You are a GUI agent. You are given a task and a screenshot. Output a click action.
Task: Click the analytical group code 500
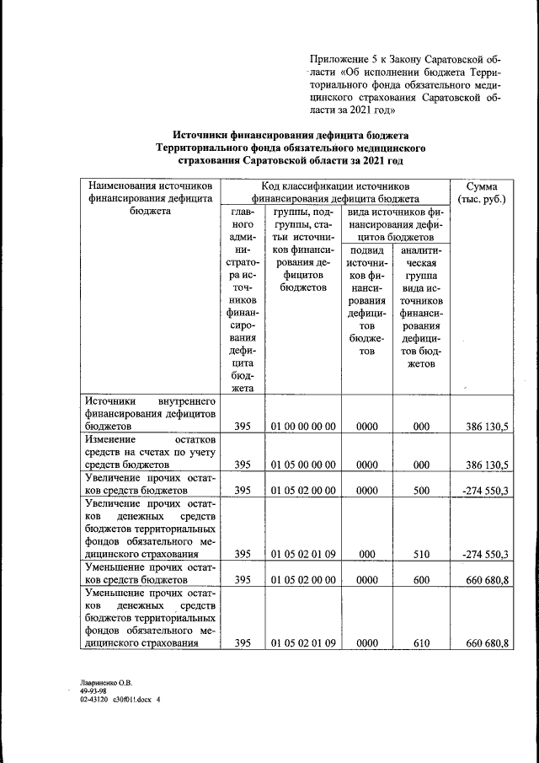(x=421, y=489)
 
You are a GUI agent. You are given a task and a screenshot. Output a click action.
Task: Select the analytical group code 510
(x=421, y=554)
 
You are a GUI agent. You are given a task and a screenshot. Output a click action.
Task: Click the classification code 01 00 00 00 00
(x=304, y=427)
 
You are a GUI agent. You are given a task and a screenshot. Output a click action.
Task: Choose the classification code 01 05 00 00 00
(x=304, y=465)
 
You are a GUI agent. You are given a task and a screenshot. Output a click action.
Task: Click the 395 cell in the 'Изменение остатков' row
(x=243, y=465)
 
